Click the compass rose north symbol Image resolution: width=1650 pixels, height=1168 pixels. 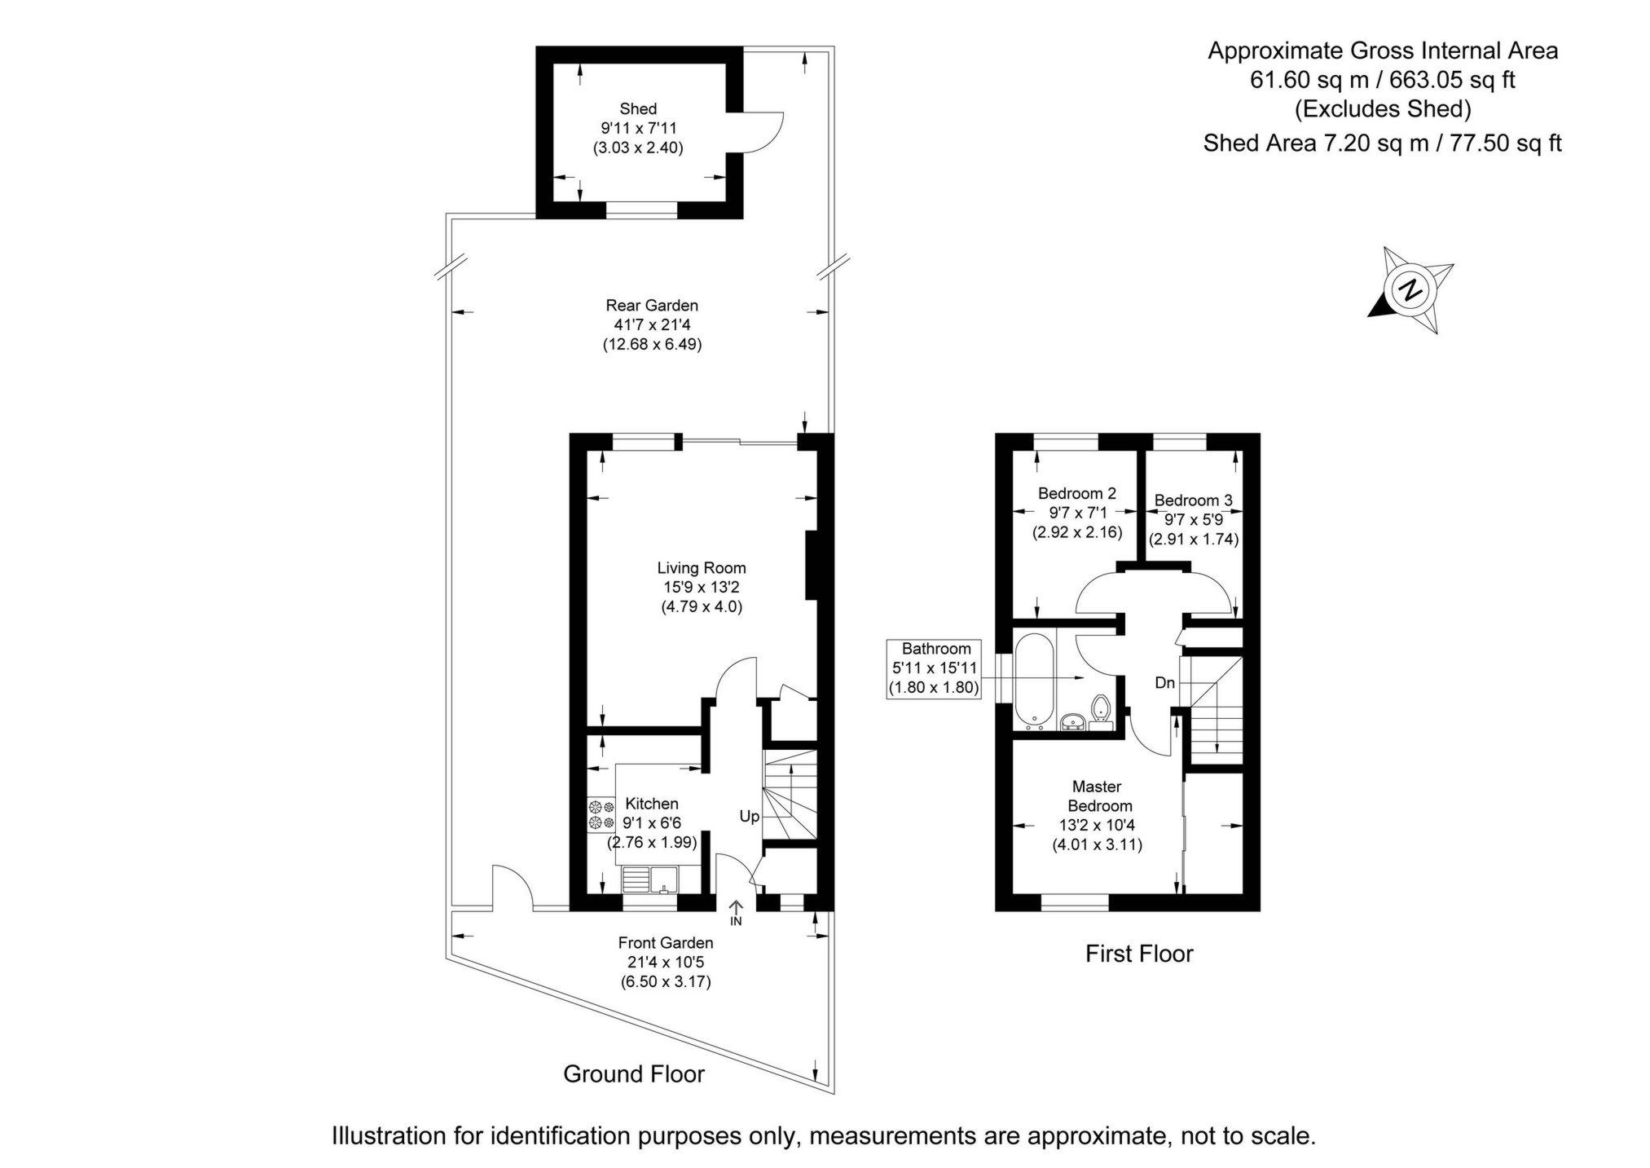[1410, 290]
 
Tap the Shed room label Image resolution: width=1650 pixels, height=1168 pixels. [637, 108]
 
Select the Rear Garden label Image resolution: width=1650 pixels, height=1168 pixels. [651, 306]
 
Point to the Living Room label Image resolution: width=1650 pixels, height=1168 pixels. [701, 568]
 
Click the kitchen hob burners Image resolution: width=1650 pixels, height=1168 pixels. [601, 814]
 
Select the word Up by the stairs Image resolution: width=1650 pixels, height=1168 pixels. [749, 816]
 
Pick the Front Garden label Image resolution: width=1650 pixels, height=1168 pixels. [665, 943]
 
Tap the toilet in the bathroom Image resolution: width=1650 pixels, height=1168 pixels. [1101, 708]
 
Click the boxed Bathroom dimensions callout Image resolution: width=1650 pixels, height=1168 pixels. [935, 668]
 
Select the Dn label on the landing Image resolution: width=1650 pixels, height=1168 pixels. [1164, 682]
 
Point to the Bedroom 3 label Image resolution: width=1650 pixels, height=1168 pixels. [1193, 500]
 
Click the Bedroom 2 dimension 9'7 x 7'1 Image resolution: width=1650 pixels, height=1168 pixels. [1076, 513]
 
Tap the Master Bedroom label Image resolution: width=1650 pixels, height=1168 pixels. [1097, 796]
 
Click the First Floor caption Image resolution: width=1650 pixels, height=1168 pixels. [1138, 954]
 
